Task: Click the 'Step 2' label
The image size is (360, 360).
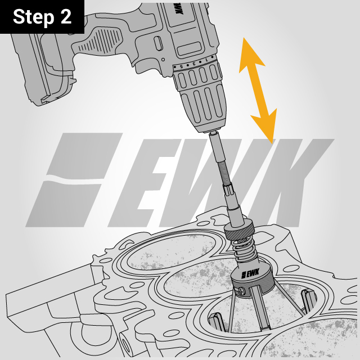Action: click(x=42, y=16)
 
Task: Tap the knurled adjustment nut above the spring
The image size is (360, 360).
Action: click(x=240, y=231)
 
